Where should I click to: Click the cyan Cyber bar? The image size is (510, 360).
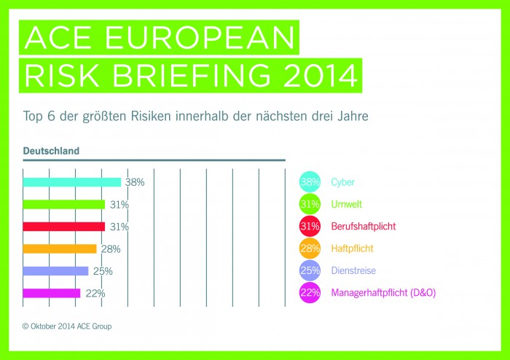click(x=71, y=182)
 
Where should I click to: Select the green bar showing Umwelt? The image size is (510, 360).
click(x=64, y=205)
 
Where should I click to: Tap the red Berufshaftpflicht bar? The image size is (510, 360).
click(x=64, y=227)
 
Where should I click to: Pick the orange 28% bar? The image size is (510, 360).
click(x=60, y=249)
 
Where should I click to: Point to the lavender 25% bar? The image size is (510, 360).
click(x=55, y=271)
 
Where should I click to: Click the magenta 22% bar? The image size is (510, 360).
click(x=52, y=293)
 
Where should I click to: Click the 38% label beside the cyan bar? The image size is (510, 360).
click(x=135, y=182)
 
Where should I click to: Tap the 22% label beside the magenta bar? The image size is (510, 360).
click(x=95, y=294)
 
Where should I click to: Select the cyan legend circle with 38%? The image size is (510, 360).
click(x=310, y=182)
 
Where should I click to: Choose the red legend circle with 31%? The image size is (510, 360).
click(x=310, y=227)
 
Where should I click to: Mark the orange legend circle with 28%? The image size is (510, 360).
click(x=310, y=249)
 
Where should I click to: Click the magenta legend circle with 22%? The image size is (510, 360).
click(x=310, y=293)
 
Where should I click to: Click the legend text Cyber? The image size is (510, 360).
click(x=343, y=182)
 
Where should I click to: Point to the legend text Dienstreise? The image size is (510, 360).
click(x=355, y=271)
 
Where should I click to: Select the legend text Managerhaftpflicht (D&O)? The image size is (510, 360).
click(x=383, y=293)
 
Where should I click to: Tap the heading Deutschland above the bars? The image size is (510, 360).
click(x=51, y=151)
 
